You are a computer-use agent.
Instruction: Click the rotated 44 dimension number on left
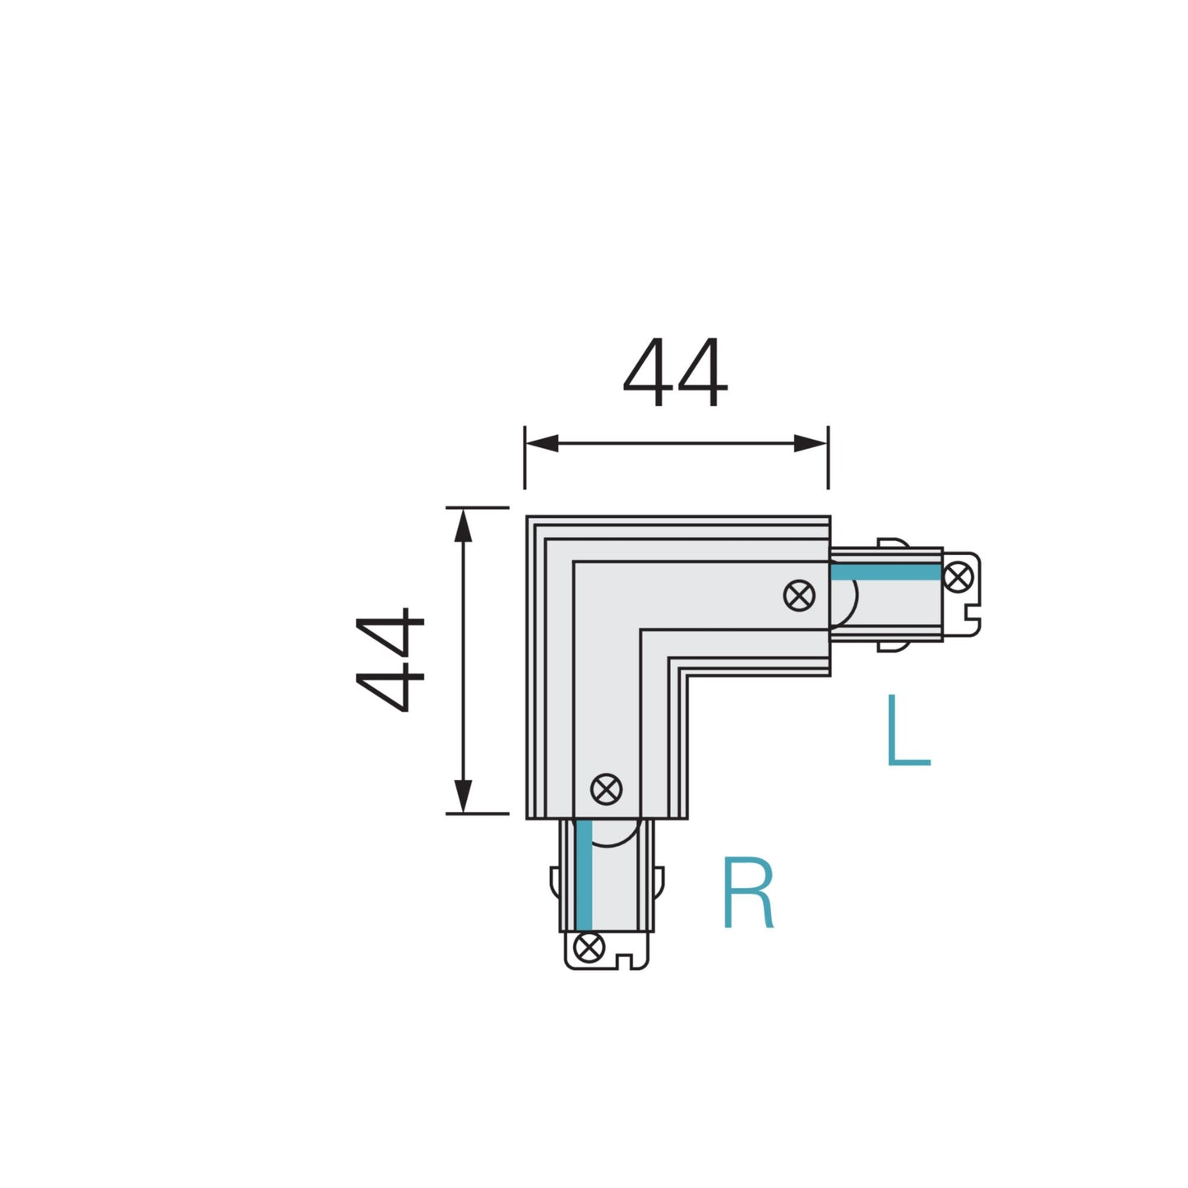(391, 659)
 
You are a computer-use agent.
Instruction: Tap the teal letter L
(907, 731)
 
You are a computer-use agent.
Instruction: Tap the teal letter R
(747, 894)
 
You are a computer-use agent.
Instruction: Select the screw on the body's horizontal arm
(799, 594)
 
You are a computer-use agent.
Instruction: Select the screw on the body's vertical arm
(607, 789)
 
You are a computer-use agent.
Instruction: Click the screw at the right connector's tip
(958, 576)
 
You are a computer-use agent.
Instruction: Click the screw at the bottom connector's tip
(588, 947)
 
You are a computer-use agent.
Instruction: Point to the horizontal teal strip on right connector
(885, 573)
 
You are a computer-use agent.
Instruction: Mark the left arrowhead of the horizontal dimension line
(543, 444)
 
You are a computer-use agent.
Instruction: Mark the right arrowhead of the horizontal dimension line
(811, 444)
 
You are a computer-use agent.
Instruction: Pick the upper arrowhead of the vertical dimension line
(464, 526)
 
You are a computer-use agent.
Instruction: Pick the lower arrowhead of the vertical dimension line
(464, 795)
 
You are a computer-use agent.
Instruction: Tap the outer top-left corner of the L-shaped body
(528, 518)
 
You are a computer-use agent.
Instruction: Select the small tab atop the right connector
(892, 543)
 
